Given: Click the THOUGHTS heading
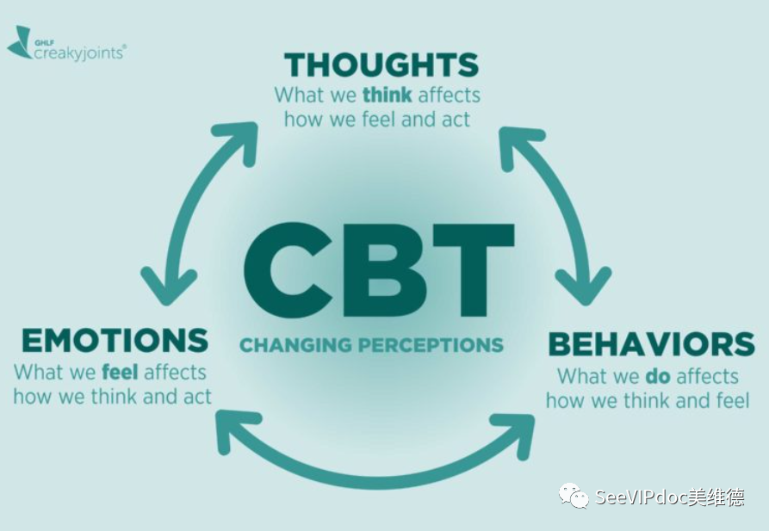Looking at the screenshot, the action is pyautogui.click(x=381, y=65).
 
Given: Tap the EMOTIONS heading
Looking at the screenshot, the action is pyautogui.click(x=115, y=340).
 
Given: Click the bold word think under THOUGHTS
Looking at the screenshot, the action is pyautogui.click(x=387, y=95).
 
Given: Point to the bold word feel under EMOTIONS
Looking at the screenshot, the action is pyautogui.click(x=121, y=372).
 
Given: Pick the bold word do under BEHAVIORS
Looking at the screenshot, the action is pyautogui.click(x=658, y=377).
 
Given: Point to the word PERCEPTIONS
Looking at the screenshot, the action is pyautogui.click(x=431, y=345).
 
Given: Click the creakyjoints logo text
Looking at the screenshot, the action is pyautogui.click(x=79, y=52).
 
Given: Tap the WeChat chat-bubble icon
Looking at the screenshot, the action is pyautogui.click(x=574, y=496).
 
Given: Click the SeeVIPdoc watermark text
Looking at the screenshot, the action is pyautogui.click(x=669, y=497).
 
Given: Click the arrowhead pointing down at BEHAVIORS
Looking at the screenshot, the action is pyautogui.click(x=584, y=287).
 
